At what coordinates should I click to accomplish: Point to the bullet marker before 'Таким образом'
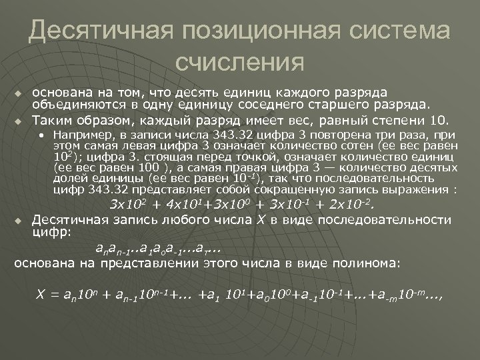tap(20, 122)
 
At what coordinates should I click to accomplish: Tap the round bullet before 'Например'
tap(41, 135)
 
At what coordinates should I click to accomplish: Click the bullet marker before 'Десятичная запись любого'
tap(20, 219)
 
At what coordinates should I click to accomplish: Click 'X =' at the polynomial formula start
tap(47, 295)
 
